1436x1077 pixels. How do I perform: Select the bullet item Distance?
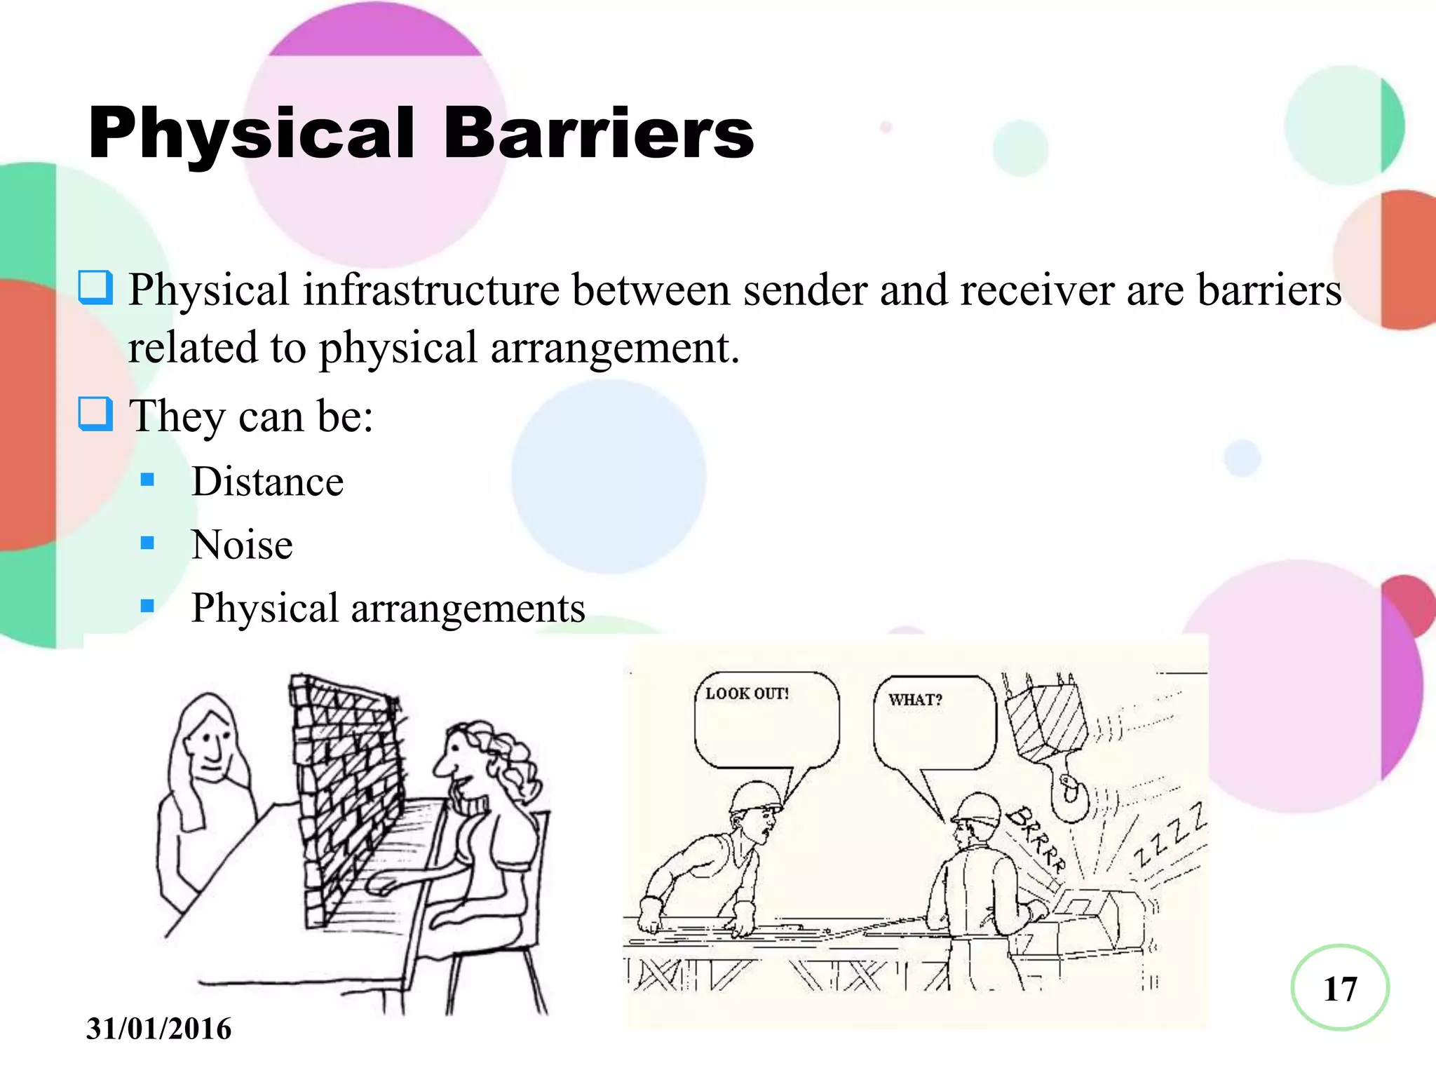click(267, 482)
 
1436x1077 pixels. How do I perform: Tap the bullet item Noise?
click(242, 545)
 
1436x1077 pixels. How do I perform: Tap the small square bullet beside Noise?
click(147, 543)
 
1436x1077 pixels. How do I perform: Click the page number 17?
click(1340, 989)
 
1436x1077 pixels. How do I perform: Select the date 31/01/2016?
click(158, 1029)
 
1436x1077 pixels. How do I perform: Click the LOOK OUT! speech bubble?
click(766, 719)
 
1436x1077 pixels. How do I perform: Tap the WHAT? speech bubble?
click(934, 722)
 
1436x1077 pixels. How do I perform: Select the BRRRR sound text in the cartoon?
click(1036, 838)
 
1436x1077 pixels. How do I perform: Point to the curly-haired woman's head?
click(484, 757)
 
